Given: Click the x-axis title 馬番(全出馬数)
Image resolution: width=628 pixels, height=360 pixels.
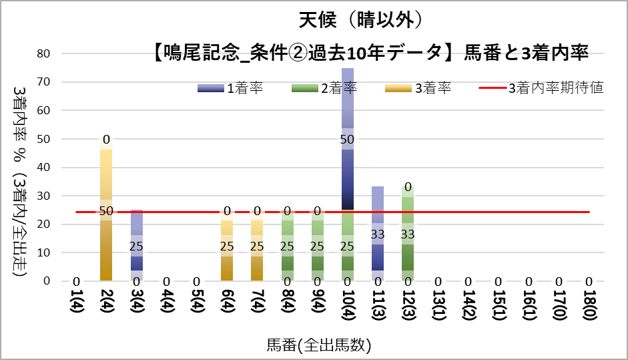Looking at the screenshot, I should (319, 345).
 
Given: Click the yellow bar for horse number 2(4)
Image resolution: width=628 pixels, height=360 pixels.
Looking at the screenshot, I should (106, 240).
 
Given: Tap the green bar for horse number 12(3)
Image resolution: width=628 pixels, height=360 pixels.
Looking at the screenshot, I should (408, 247).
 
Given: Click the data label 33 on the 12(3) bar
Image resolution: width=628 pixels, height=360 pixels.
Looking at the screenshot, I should (408, 234).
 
